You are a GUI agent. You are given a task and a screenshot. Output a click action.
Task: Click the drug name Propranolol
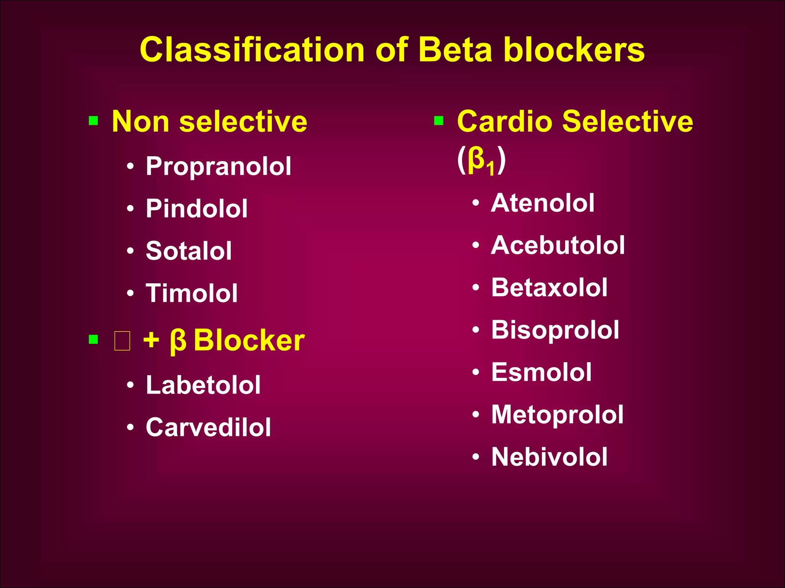[218, 167]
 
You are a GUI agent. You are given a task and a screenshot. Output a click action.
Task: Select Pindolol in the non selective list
[197, 209]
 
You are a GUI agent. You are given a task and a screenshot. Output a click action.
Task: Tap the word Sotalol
[189, 251]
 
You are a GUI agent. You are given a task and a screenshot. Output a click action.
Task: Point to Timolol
[192, 293]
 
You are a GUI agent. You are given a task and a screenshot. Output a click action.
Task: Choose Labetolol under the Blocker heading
[203, 385]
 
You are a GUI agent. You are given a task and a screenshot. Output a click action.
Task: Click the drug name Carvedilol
[208, 427]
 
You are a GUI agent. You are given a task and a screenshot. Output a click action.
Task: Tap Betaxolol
[549, 287]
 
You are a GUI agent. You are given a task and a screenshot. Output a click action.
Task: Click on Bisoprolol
[555, 330]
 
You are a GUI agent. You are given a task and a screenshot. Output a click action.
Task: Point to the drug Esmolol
[542, 372]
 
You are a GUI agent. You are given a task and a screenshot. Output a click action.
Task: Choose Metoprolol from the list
[557, 415]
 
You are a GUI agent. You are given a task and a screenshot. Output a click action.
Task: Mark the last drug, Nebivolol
[549, 457]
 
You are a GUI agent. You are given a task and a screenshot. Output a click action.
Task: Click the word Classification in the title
[252, 50]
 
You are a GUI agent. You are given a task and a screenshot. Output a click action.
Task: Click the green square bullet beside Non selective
[94, 121]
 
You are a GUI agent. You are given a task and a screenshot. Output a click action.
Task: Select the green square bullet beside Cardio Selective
[439, 121]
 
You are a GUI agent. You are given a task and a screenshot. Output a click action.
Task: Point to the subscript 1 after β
[490, 169]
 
